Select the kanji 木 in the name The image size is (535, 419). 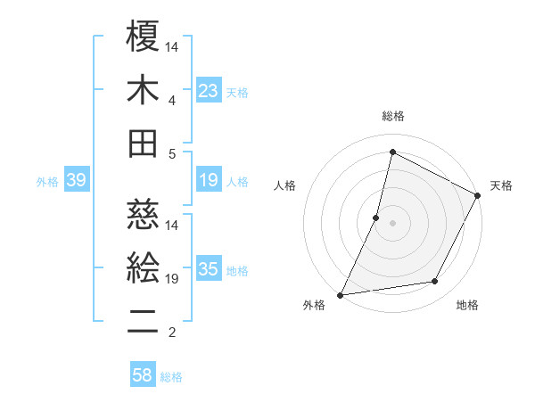(143, 90)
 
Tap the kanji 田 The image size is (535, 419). (143, 143)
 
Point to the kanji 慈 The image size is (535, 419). (143, 213)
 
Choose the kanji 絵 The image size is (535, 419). (143, 267)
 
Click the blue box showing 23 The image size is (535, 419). (208, 91)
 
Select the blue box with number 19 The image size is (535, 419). (208, 181)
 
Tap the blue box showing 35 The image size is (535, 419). (208, 270)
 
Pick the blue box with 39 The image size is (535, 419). (76, 181)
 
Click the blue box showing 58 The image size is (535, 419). (143, 375)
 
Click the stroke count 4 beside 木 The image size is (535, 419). (171, 100)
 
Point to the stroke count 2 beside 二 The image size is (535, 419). (171, 333)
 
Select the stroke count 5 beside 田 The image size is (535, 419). (171, 153)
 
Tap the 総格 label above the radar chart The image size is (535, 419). (392, 116)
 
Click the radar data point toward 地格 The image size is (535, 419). (435, 282)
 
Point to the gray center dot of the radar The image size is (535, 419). (392, 223)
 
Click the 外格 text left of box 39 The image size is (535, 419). (47, 182)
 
